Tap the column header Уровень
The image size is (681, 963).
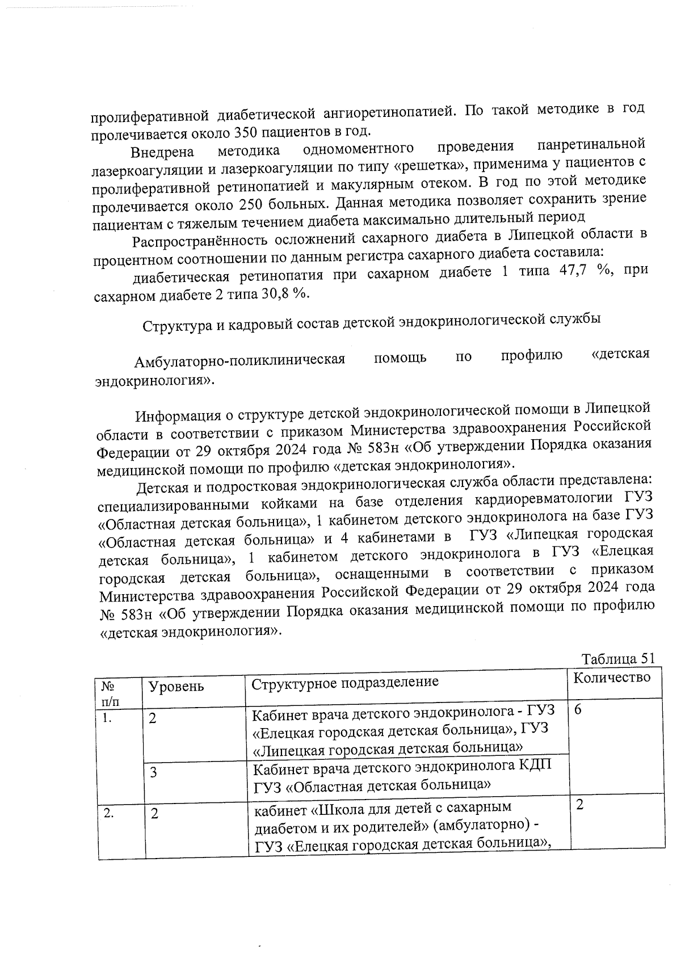coord(175,687)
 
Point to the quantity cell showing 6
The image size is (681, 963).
coord(578,710)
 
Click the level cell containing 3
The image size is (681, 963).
coord(153,773)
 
